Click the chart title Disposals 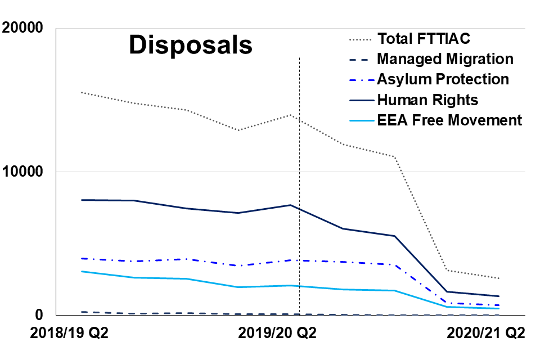191,46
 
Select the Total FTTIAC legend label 424,39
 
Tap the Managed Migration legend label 445,59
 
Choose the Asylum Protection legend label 443,79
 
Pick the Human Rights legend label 427,100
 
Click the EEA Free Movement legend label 449,120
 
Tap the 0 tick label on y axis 44,315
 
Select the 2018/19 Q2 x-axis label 69,333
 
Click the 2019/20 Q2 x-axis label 277,333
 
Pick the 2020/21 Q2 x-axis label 485,333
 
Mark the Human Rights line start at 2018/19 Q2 81,200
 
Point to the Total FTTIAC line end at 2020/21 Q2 499,278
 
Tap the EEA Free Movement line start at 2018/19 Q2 81,271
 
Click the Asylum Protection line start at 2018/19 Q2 81,258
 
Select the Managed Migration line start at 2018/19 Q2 81,312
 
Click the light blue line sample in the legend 358,120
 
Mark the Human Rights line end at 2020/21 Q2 499,296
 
